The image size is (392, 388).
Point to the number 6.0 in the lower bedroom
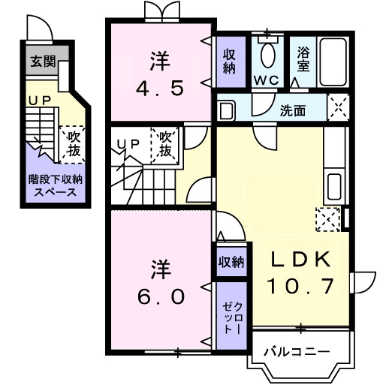tap(160, 296)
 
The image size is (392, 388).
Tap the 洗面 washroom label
tap(293, 110)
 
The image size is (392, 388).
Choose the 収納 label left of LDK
tap(231, 262)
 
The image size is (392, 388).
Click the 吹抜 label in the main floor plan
tap(167, 144)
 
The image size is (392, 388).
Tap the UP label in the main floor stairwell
tap(130, 143)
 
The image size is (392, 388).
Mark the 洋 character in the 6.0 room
tap(160, 268)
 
